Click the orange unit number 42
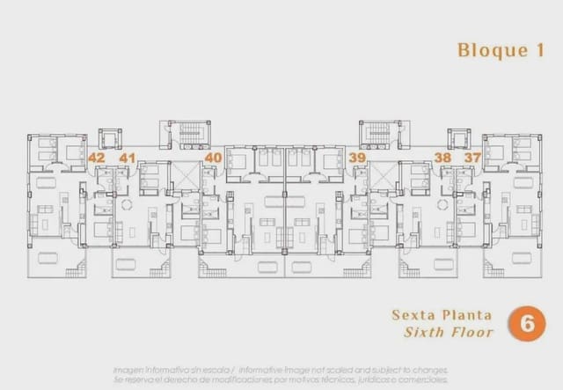(97, 158)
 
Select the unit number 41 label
(128, 158)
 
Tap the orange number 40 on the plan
(213, 158)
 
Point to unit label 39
(356, 158)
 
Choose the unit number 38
(442, 158)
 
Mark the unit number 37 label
(473, 158)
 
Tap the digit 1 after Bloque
(527, 50)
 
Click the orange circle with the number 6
(527, 323)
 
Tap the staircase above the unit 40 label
(189, 135)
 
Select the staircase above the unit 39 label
(379, 135)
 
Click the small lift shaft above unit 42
(110, 139)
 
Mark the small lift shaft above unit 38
(458, 139)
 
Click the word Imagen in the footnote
(131, 369)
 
